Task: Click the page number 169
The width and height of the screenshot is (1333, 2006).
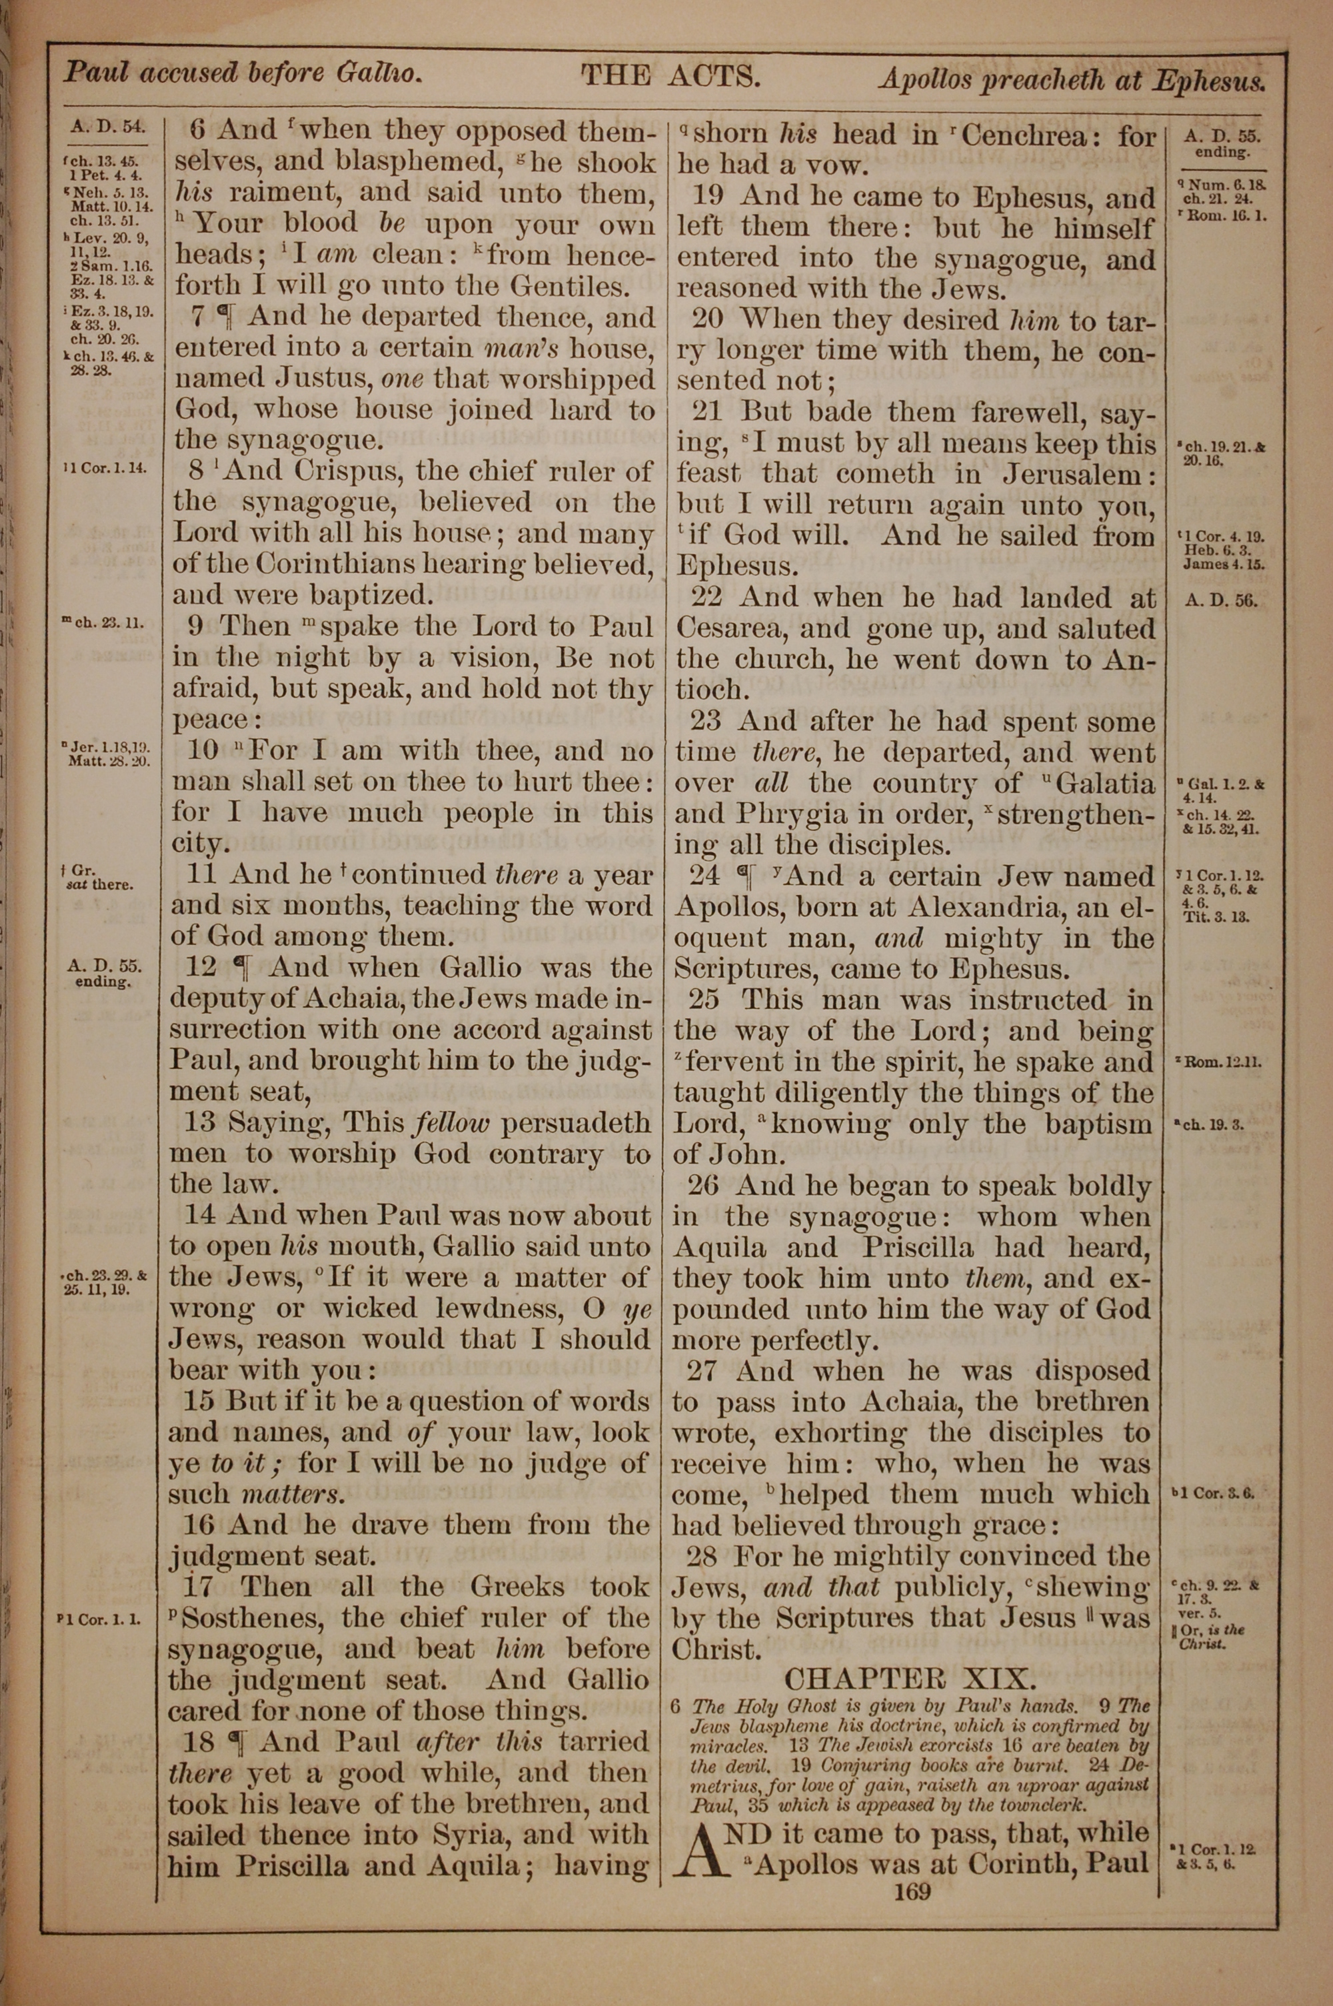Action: (912, 1891)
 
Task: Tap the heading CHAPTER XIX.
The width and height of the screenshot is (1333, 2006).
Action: (910, 1679)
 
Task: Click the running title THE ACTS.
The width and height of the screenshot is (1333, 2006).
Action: (669, 77)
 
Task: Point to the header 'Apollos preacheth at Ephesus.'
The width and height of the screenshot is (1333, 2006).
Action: (1073, 80)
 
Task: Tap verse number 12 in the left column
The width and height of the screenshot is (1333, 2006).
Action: (201, 968)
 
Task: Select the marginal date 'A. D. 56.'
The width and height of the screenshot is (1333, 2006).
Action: (1221, 600)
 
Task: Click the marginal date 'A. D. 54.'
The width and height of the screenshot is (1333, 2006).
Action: (107, 127)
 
